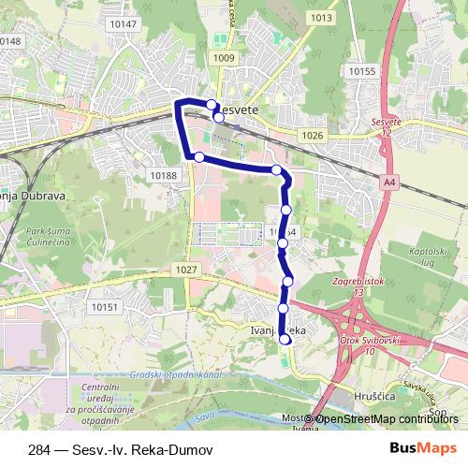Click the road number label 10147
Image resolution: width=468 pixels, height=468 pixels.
[123, 24]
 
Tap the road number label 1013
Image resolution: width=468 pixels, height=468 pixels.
[322, 18]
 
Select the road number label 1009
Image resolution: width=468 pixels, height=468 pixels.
[224, 59]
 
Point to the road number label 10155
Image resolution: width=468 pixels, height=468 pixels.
[360, 71]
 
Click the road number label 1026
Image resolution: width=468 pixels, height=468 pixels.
[313, 137]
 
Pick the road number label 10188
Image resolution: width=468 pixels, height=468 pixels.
[163, 174]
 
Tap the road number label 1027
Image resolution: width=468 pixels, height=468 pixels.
[186, 270]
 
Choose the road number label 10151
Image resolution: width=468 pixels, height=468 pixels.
[104, 306]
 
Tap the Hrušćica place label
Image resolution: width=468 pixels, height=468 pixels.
[374, 397]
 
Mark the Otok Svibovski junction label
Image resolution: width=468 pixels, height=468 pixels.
[371, 344]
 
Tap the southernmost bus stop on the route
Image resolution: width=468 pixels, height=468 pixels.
[285, 341]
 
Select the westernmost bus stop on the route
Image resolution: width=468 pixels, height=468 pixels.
[198, 156]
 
